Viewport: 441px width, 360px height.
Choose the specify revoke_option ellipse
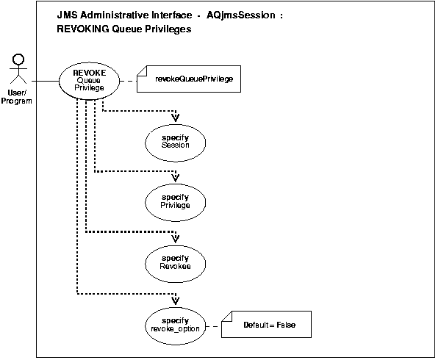tap(176, 324)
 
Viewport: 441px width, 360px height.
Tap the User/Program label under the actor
tap(20, 98)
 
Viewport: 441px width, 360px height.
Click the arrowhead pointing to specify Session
tap(176, 118)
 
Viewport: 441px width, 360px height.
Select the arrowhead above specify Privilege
tap(176, 178)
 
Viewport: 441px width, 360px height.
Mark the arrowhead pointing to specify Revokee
tap(176, 239)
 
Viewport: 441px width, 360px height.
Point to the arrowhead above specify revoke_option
tap(176, 300)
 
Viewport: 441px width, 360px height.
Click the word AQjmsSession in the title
tap(243, 15)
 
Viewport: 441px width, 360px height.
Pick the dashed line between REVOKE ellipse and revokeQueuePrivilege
tap(129, 79)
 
